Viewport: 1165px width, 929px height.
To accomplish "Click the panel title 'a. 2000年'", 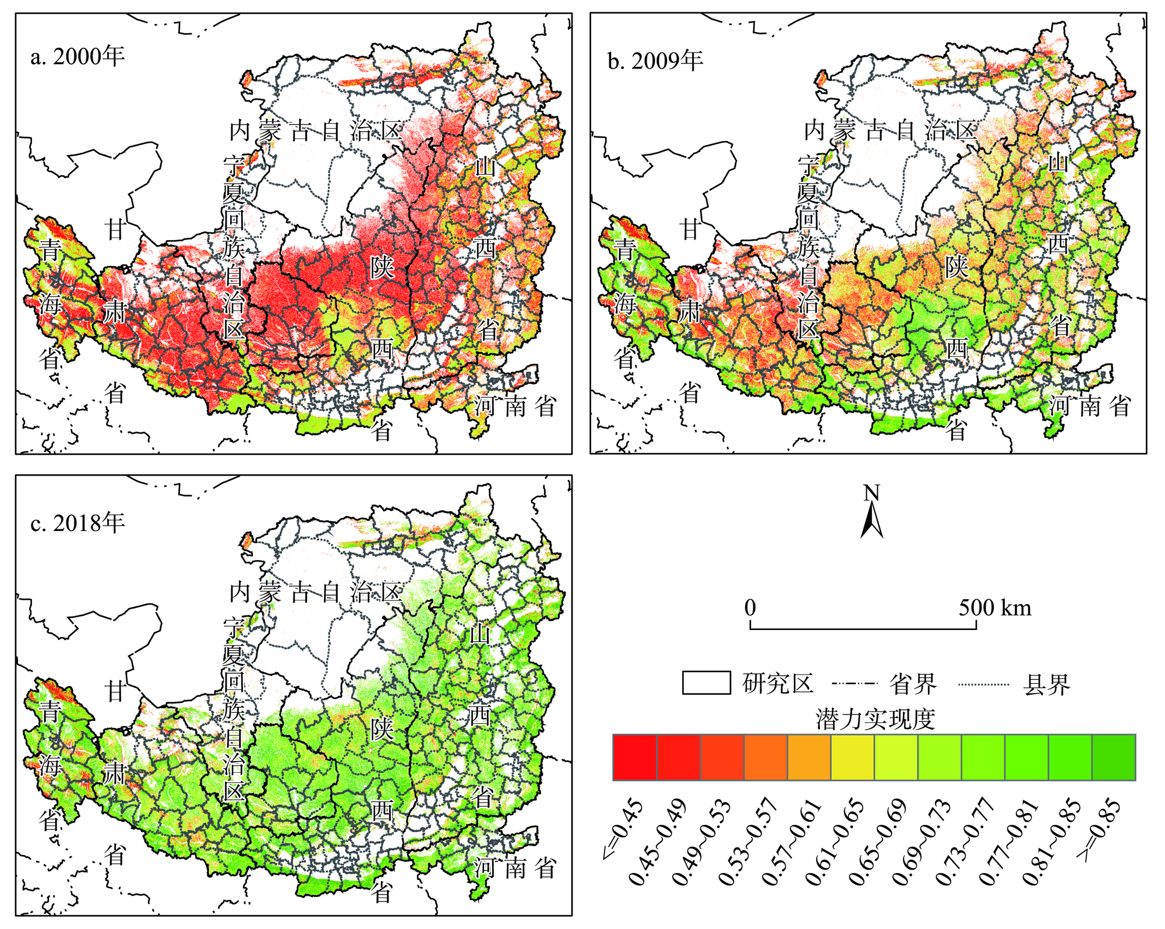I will pos(77,57).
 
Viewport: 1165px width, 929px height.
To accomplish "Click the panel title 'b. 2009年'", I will pos(655,61).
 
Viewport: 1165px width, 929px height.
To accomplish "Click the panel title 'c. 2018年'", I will pos(77,523).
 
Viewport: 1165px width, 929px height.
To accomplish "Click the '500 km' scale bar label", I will pos(995,608).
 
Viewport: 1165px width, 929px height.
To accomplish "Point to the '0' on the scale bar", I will pos(750,608).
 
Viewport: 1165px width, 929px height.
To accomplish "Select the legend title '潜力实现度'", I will pos(875,720).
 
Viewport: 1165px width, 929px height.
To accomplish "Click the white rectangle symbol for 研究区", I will pos(706,683).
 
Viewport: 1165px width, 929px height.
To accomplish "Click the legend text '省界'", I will pos(913,684).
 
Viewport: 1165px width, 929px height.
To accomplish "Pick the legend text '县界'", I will pos(1046,685).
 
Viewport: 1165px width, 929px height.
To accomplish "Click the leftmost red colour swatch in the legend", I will pos(635,757).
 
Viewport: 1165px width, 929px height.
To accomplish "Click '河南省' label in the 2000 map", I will pos(515,406).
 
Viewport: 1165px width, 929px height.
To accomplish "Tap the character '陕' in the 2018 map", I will pos(382,729).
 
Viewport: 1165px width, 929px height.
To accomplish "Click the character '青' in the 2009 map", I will pos(625,249).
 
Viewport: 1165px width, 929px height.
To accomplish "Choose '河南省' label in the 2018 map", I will pos(515,868).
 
